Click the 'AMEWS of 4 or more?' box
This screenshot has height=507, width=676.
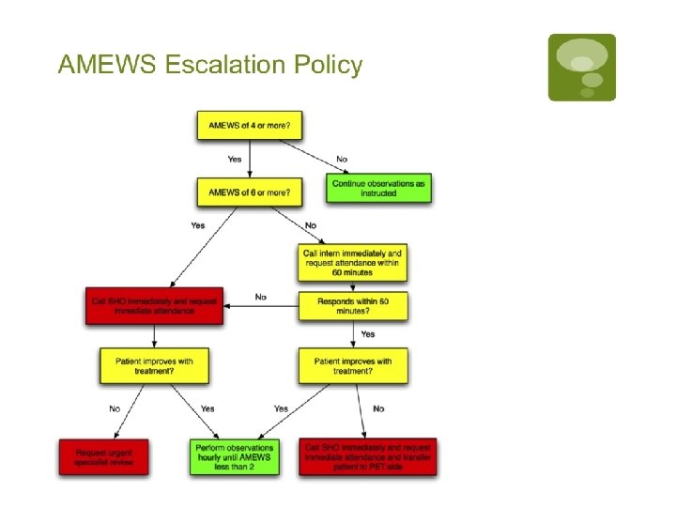tap(249, 126)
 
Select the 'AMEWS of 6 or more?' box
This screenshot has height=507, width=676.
tap(249, 192)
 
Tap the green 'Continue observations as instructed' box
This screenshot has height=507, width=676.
tap(377, 188)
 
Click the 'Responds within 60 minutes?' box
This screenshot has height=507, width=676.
tap(353, 305)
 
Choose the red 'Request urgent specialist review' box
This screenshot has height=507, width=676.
tap(103, 457)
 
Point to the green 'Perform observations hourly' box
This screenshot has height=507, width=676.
tap(235, 457)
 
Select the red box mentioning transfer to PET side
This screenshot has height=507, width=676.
tap(368, 457)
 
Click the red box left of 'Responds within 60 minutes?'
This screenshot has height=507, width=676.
tap(156, 305)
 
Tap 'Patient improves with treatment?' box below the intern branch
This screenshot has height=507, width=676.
tap(353, 365)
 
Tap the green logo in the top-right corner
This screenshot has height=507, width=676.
tap(582, 68)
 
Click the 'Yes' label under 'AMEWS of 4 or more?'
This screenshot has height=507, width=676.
tap(235, 159)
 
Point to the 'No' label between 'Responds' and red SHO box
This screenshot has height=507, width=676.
tap(261, 297)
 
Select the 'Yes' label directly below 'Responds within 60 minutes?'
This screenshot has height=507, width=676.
tap(367, 334)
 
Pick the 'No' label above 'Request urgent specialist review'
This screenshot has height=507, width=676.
tap(115, 408)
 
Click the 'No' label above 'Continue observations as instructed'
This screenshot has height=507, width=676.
tap(341, 159)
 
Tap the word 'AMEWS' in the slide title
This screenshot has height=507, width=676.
tap(107, 65)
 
